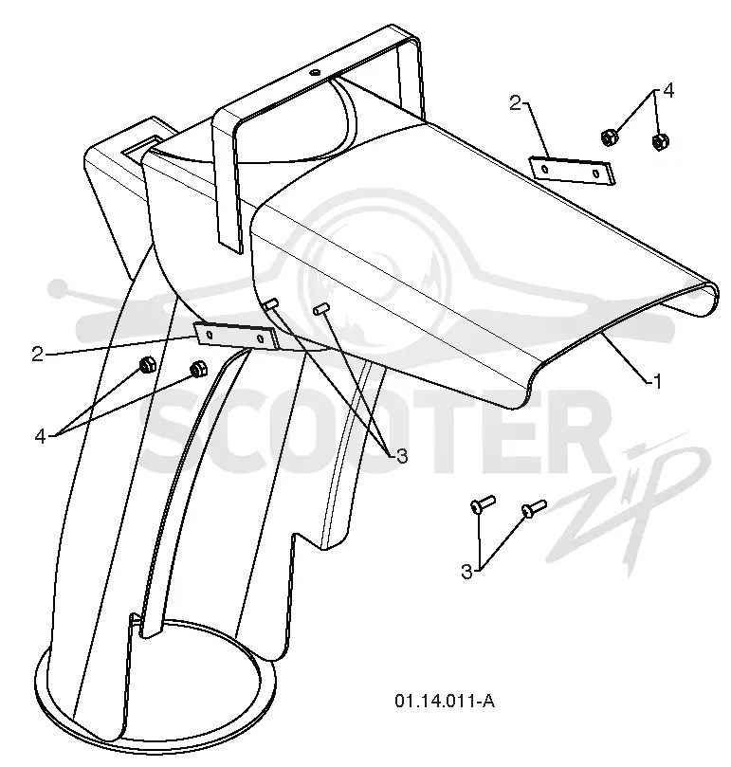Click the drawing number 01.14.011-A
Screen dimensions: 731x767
tap(445, 702)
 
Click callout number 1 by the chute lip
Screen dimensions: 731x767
tap(658, 381)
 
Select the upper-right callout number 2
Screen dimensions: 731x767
tap(515, 103)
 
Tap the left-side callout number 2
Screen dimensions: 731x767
tap(38, 355)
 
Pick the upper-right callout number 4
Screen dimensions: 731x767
tap(668, 91)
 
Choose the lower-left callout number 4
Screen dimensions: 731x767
tap(40, 435)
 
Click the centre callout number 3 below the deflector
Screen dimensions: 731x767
tap(402, 456)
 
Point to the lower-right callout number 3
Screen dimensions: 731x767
tap(466, 571)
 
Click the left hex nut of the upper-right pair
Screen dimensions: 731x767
tap(608, 137)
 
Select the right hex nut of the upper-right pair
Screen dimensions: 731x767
tap(661, 141)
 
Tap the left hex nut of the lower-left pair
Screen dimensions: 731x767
tap(147, 365)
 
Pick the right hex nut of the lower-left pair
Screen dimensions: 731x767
tap(198, 369)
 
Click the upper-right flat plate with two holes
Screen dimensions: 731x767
tap(572, 171)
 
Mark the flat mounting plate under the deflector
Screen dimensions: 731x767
tap(236, 336)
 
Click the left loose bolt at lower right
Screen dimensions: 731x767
tap(483, 503)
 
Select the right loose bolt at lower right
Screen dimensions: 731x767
tap(534, 508)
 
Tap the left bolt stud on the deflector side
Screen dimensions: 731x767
tap(271, 303)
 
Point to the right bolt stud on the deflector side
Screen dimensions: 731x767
tap(322, 308)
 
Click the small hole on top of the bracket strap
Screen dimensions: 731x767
tap(314, 72)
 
